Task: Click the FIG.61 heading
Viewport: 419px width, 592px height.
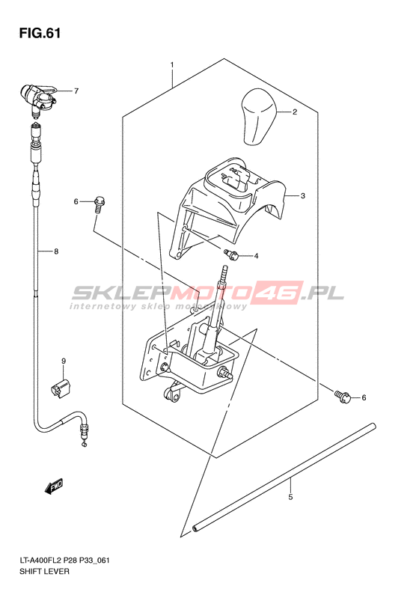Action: coord(40,33)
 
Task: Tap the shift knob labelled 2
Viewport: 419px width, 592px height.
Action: coord(259,117)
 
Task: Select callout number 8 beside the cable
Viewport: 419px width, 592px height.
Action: coord(56,251)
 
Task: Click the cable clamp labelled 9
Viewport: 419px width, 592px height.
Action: coord(61,388)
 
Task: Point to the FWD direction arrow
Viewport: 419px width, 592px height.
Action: coord(54,487)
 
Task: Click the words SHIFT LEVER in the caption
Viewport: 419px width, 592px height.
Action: coord(44,571)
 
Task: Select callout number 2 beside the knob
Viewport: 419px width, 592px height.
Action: coord(295,112)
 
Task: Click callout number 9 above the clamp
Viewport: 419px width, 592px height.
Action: coord(64,361)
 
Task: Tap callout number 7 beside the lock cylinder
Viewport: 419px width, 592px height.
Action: coord(76,91)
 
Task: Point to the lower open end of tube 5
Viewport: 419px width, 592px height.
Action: coord(195,528)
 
